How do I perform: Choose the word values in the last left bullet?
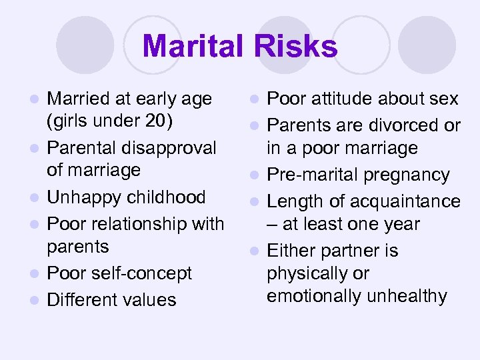[x=150, y=299]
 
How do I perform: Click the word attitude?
[x=337, y=99]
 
